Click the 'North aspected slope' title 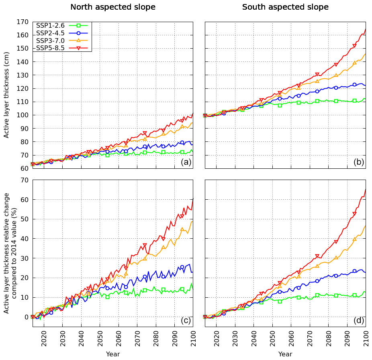click(x=113, y=7)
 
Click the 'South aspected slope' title click(x=285, y=7)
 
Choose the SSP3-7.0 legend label click(x=50, y=41)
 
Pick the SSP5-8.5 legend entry click(x=50, y=48)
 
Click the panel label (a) click(x=186, y=162)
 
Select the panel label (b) click(x=359, y=162)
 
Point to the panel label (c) click(x=186, y=320)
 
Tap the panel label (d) click(x=359, y=320)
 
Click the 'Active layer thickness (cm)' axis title click(x=6, y=95)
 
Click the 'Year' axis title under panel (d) click(x=285, y=354)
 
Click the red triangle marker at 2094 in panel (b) click(x=354, y=46)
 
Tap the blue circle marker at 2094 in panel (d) click(x=354, y=271)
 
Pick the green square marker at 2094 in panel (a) click(x=182, y=152)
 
